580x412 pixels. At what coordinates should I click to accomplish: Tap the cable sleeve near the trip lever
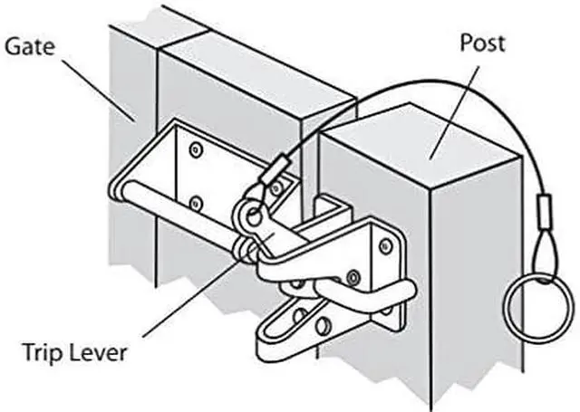point(275,168)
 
